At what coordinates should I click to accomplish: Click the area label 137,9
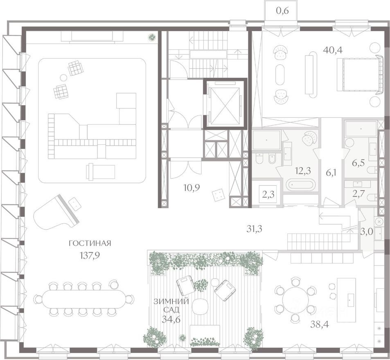click(90, 256)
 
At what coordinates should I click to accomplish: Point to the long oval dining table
click(83, 299)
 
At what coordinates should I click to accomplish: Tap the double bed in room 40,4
click(360, 74)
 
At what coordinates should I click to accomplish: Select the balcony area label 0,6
click(282, 11)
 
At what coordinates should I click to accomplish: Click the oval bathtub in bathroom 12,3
click(300, 184)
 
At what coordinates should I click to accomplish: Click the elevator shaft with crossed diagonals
click(225, 104)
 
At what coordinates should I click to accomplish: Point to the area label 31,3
click(254, 229)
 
